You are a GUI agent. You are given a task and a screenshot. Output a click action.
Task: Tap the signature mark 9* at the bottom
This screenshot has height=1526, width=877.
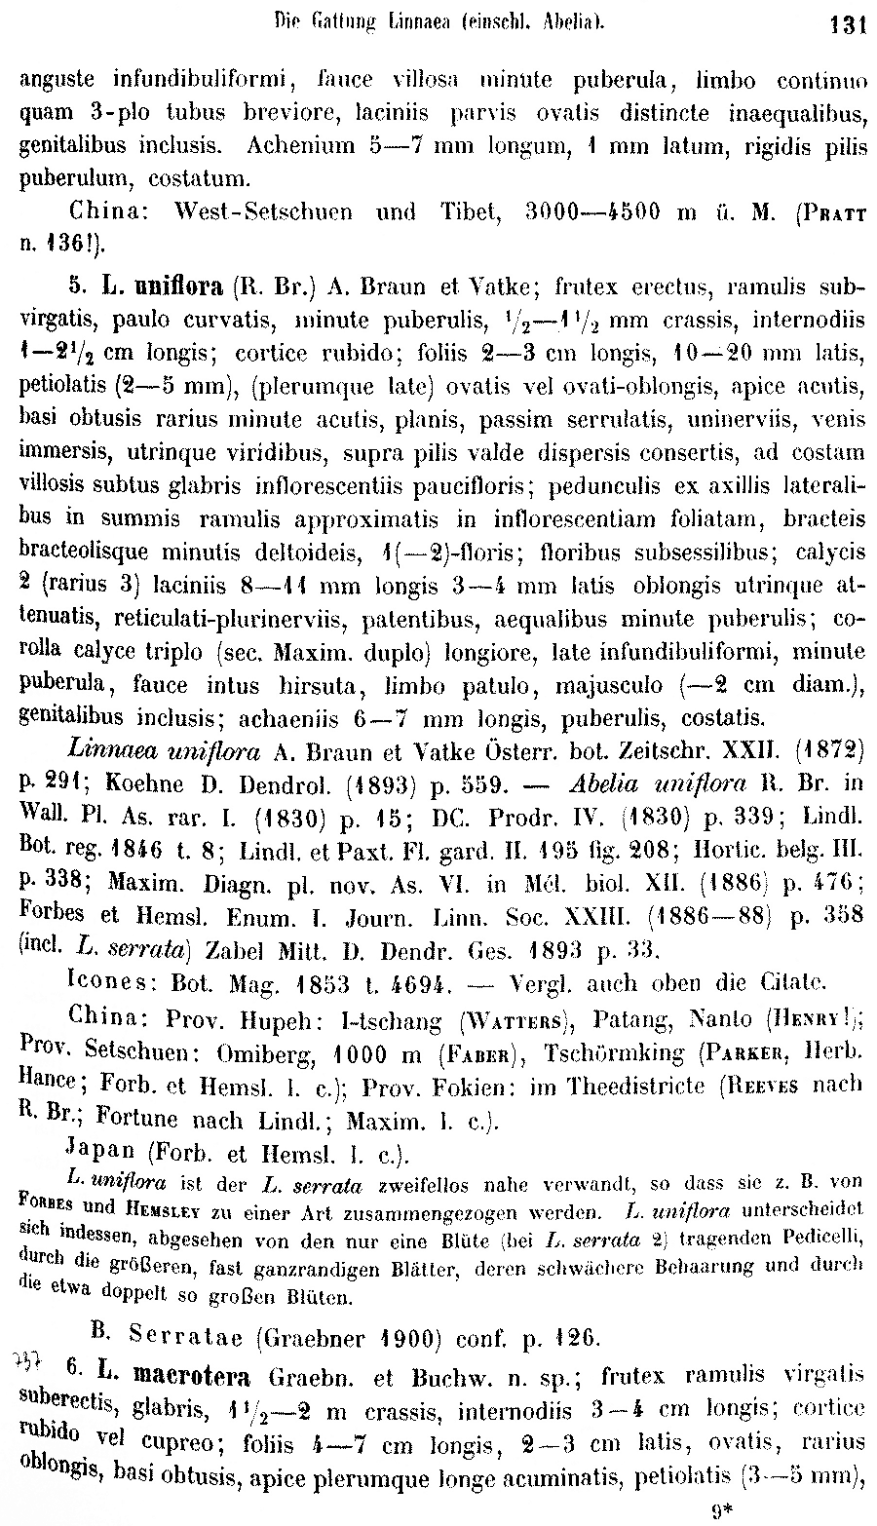[723, 1512]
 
